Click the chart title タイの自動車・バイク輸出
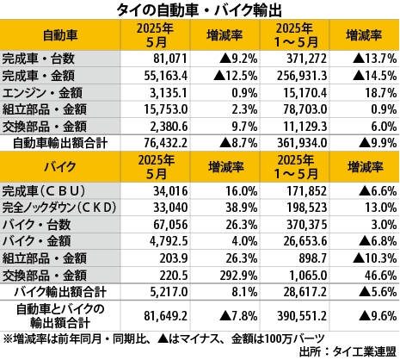(x=199, y=10)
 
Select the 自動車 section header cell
(x=60, y=35)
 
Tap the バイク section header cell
(x=60, y=167)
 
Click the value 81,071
(x=170, y=59)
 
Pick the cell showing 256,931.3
(x=302, y=76)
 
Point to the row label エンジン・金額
(x=42, y=93)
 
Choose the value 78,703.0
(x=305, y=109)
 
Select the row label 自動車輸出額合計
(x=60, y=143)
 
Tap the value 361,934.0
(x=302, y=143)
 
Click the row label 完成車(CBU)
(x=44, y=191)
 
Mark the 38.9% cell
(x=242, y=208)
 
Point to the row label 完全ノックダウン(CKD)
(x=59, y=208)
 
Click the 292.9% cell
(x=238, y=276)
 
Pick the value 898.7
(x=312, y=258)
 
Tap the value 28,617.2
(x=305, y=292)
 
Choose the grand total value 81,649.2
(x=166, y=316)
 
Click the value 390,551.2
(x=302, y=316)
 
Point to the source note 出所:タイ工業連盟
(x=348, y=352)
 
